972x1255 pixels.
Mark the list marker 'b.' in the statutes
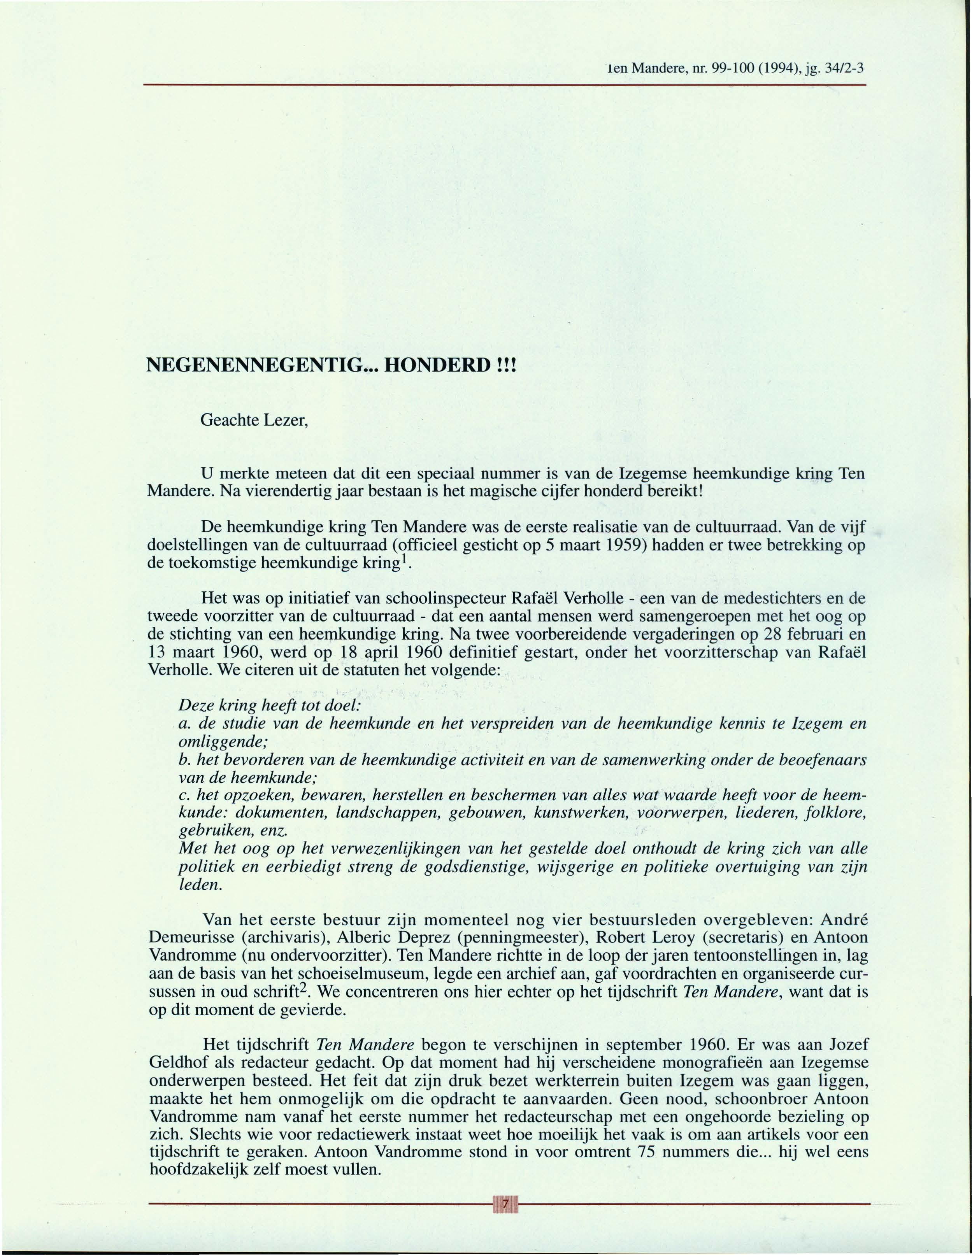coord(185,760)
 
